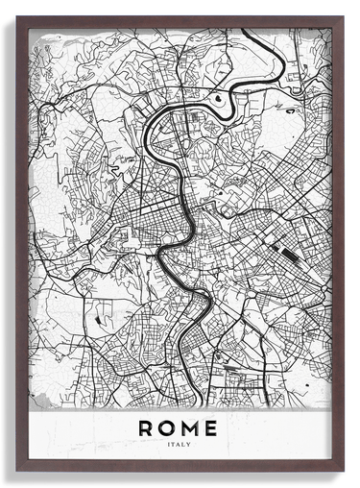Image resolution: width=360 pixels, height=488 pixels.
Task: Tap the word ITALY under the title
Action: click(x=178, y=445)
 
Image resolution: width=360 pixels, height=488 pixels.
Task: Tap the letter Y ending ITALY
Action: click(x=190, y=445)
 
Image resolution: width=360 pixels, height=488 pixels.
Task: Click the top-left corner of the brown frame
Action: click(x=17, y=17)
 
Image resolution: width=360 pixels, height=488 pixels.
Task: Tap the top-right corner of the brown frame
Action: click(x=342, y=17)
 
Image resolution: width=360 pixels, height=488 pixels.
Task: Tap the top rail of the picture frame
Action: click(x=180, y=21)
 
